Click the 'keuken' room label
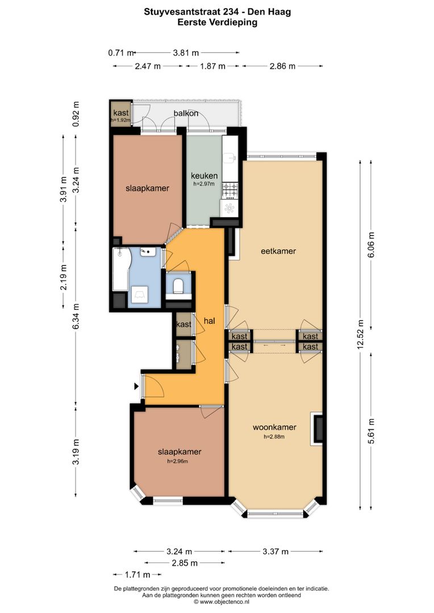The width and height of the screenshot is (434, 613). (204, 175)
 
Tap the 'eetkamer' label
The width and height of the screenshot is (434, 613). (278, 251)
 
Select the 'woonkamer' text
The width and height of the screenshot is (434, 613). (274, 427)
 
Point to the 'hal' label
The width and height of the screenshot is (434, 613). (210, 321)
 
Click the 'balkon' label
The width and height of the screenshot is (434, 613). (186, 114)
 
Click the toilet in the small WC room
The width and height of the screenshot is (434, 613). (178, 285)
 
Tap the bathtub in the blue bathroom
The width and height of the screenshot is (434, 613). (120, 270)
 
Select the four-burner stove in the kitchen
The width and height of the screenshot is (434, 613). (229, 190)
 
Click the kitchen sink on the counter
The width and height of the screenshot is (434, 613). (229, 158)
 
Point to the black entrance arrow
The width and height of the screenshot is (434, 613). (136, 387)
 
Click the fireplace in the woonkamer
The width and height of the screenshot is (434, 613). (317, 429)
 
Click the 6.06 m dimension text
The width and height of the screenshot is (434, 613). (371, 244)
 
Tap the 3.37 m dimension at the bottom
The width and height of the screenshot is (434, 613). (276, 552)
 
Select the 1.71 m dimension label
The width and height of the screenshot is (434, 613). (137, 574)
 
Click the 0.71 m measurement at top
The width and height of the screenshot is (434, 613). (121, 53)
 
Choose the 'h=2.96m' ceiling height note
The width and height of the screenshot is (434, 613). (178, 461)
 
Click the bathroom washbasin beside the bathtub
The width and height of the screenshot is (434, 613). (148, 251)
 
